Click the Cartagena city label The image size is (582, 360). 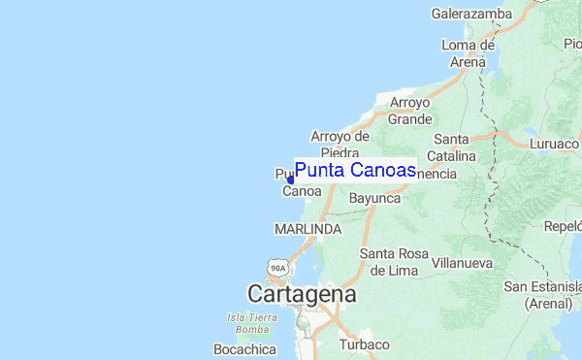tap(302, 293)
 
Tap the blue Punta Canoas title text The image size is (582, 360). tap(355, 171)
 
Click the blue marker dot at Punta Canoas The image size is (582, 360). tap(290, 180)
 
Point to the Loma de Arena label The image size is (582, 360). tap(468, 53)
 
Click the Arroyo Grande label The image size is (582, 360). tap(410, 111)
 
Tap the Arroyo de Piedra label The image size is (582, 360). tap(340, 145)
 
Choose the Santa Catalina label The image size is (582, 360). tap(454, 147)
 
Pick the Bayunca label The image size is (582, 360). tap(374, 197)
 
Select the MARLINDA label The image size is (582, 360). tap(307, 229)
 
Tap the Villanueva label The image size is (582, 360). tap(462, 262)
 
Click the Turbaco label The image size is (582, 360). tap(364, 344)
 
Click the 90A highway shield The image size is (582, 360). tap(278, 267)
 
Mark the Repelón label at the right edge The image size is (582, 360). tap(564, 225)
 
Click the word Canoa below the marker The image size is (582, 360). tap(302, 191)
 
